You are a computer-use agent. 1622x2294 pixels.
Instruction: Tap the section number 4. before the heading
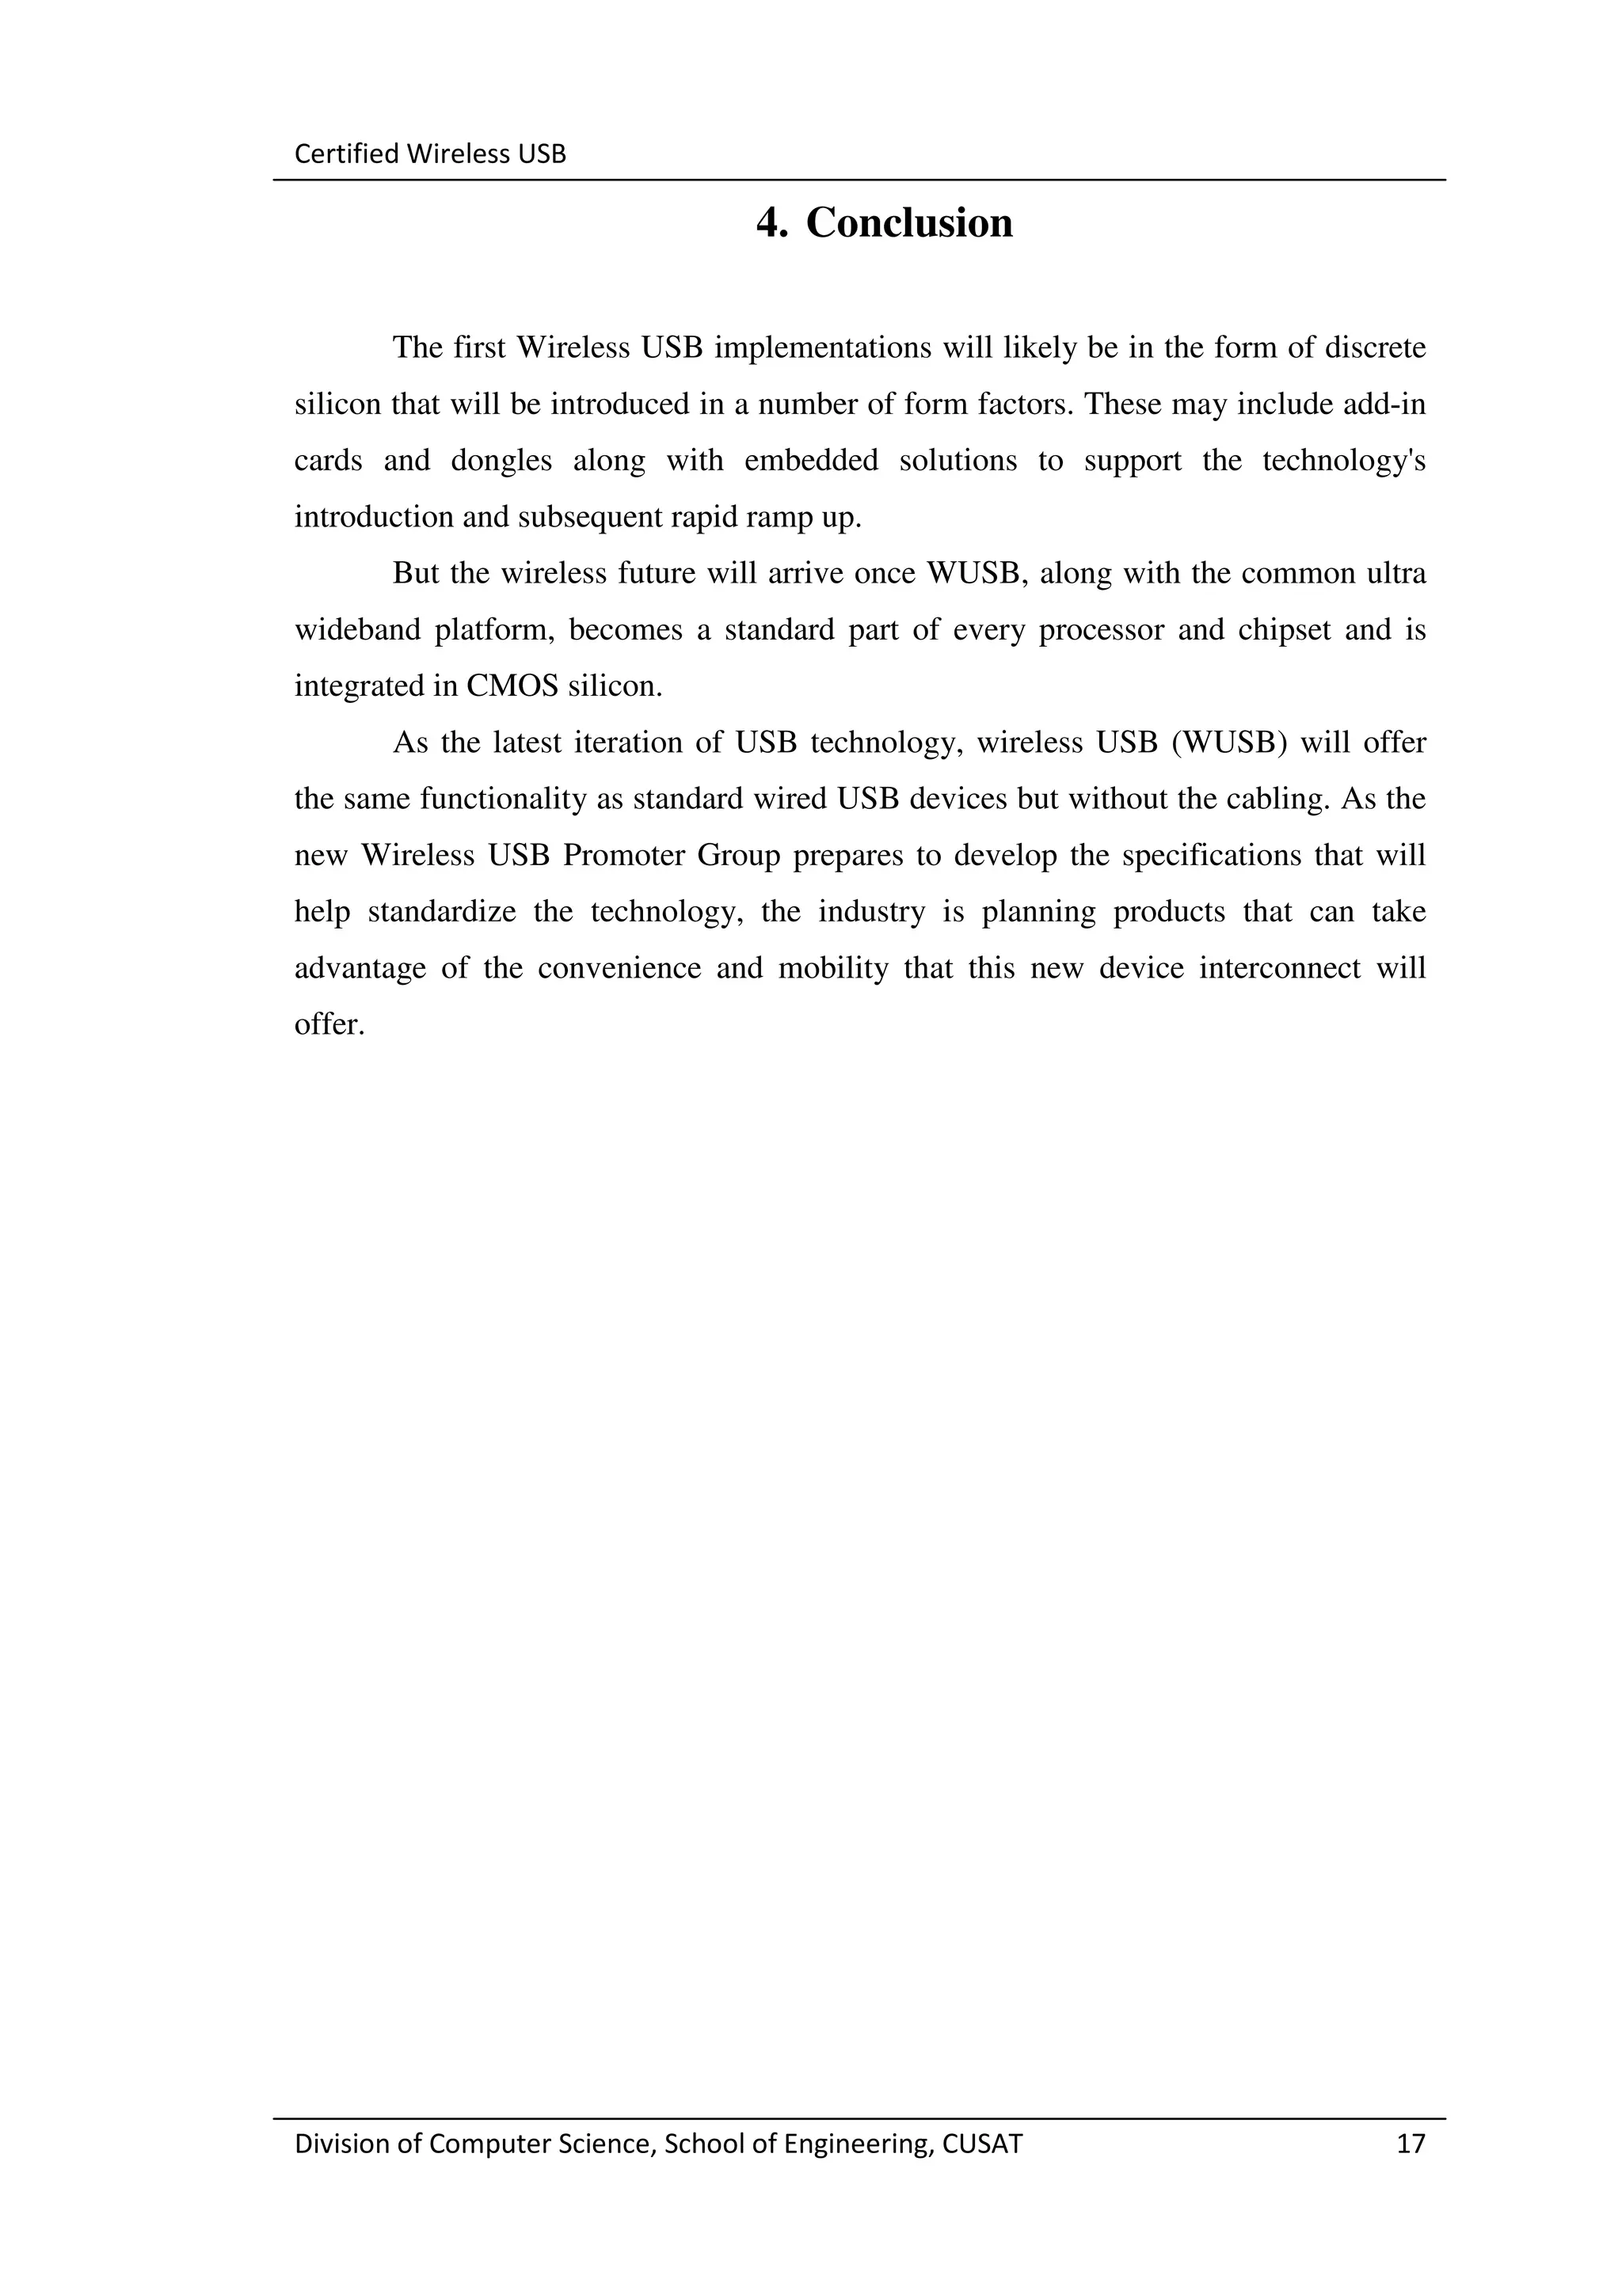(771, 222)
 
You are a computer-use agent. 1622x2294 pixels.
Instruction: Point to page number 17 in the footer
(1410, 2142)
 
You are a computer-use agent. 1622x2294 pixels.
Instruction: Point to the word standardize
(442, 912)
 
